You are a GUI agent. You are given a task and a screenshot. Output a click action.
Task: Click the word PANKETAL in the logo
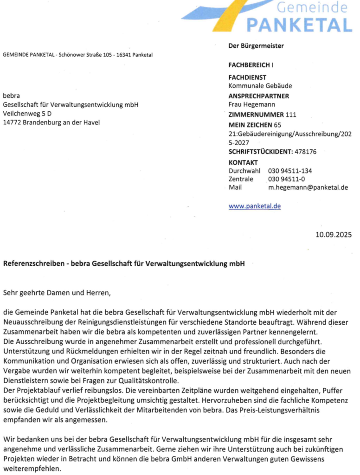(x=299, y=24)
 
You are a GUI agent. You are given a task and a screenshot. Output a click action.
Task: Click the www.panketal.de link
(x=255, y=206)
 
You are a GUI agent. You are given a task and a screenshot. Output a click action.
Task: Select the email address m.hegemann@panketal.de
(x=308, y=188)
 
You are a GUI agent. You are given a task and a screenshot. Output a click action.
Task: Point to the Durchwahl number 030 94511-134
(x=290, y=171)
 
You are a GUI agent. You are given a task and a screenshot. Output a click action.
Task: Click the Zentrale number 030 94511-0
(x=286, y=179)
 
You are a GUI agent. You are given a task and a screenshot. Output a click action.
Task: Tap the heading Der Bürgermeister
(x=256, y=45)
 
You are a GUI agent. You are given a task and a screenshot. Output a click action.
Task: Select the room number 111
(x=291, y=115)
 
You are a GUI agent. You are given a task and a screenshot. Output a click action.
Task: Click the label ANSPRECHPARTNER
(x=259, y=96)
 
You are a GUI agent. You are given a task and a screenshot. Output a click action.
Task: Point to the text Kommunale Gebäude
(x=260, y=86)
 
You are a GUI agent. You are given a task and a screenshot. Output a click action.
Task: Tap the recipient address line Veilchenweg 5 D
(x=27, y=114)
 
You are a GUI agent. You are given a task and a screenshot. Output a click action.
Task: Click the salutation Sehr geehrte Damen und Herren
(x=58, y=293)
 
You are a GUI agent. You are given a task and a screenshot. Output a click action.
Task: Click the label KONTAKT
(x=243, y=162)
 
